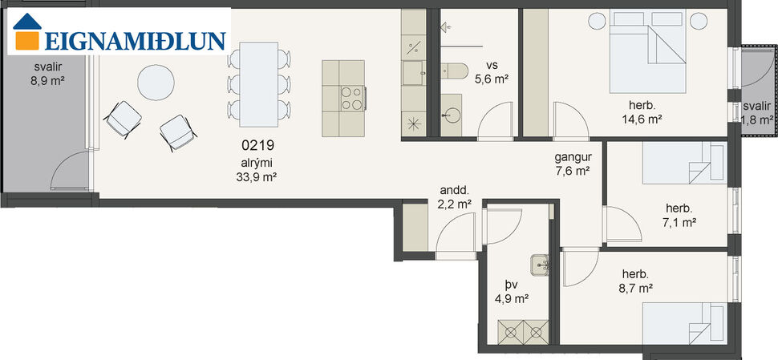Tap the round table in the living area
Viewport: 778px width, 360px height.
155,82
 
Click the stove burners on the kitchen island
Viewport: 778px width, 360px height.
351,97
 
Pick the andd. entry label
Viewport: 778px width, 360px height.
454,191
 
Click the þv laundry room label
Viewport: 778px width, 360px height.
511,284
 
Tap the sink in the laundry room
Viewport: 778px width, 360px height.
540,262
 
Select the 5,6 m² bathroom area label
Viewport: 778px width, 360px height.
492,79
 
